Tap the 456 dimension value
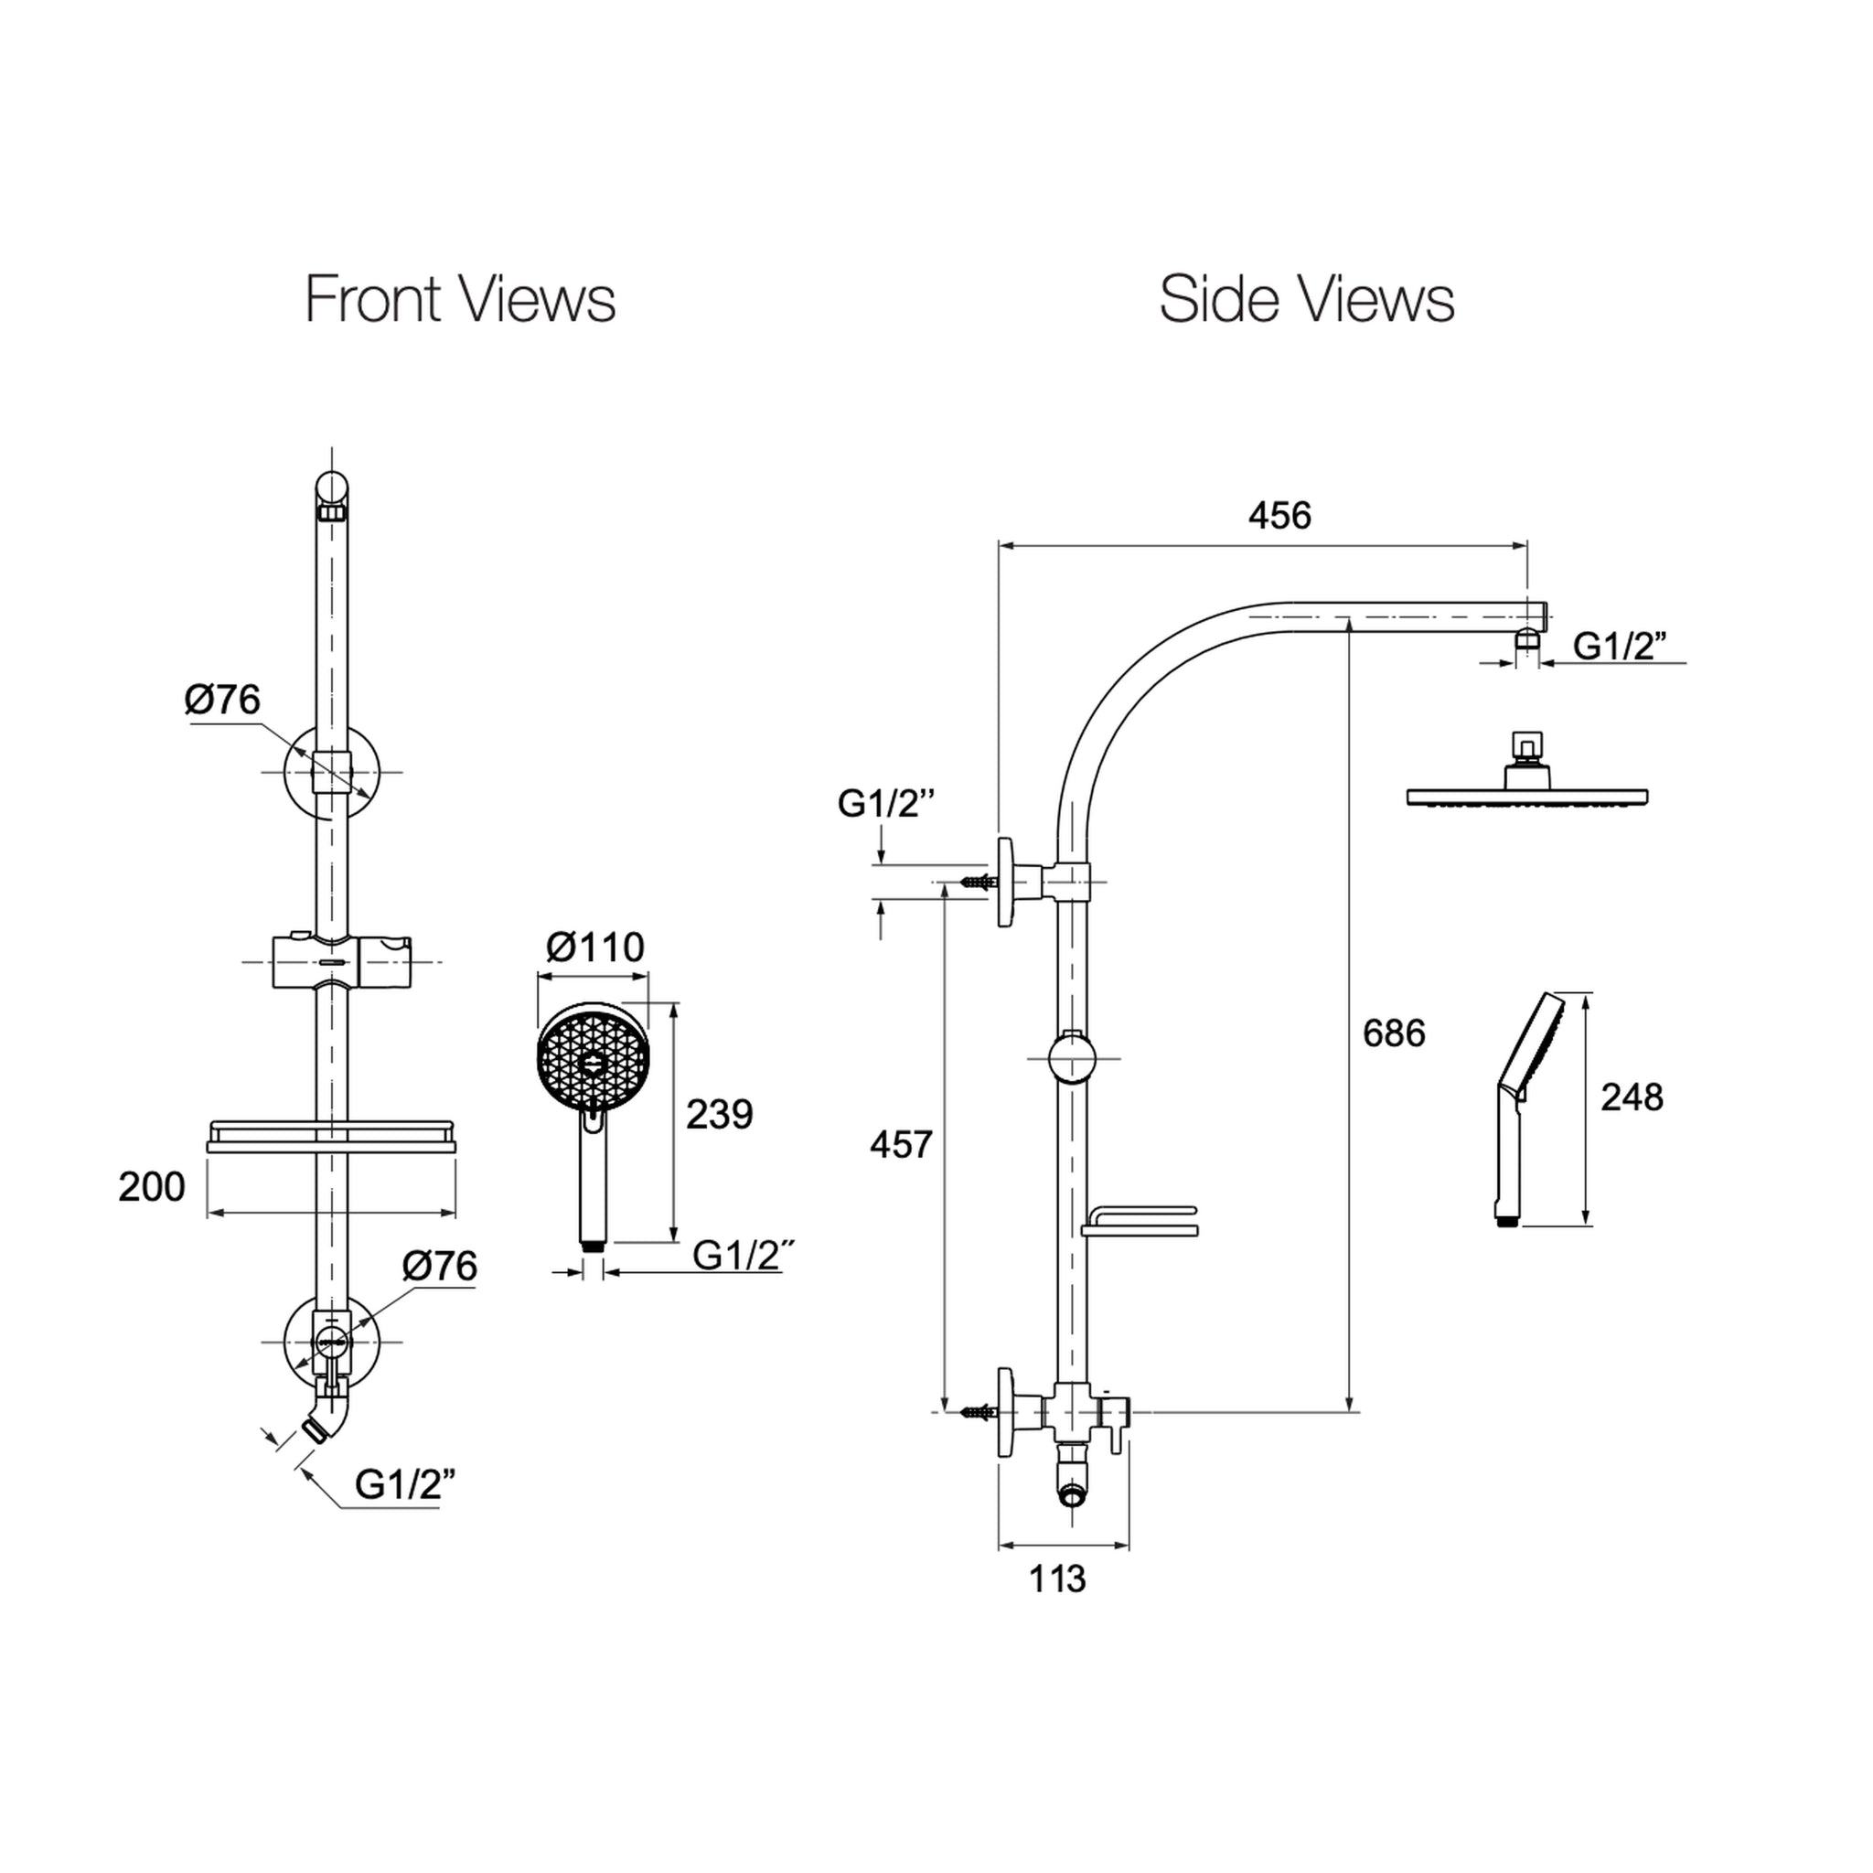(x=1279, y=516)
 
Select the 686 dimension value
(x=1394, y=1033)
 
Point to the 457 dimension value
(x=901, y=1145)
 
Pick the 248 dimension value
(x=1632, y=1097)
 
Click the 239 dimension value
(x=720, y=1115)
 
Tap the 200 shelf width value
(x=151, y=1186)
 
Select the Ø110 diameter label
(x=595, y=947)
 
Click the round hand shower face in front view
(x=594, y=1058)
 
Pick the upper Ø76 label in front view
(x=223, y=700)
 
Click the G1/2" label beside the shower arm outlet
(x=1620, y=646)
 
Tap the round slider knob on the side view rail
(x=1072, y=1058)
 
